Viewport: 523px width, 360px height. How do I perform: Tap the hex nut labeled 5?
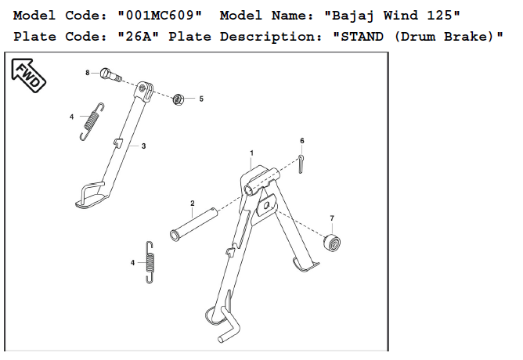(178, 99)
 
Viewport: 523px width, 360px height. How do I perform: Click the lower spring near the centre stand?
(151, 262)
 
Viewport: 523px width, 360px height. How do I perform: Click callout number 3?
(143, 146)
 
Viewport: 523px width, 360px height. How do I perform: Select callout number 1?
(251, 152)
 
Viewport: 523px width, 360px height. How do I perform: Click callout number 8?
(88, 73)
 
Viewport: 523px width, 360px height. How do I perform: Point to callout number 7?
(332, 217)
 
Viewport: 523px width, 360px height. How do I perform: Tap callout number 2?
(192, 203)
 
